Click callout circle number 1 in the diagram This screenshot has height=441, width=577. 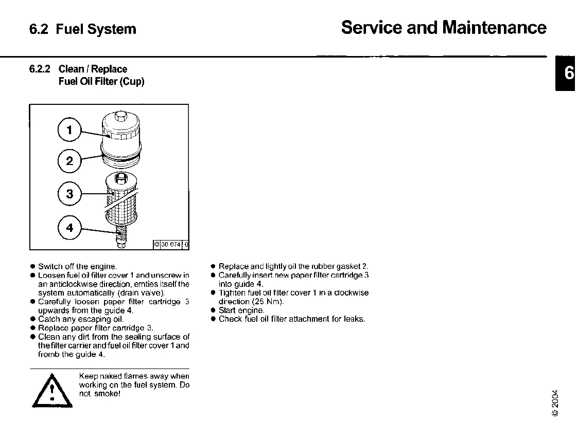point(70,130)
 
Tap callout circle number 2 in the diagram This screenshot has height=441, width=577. point(70,161)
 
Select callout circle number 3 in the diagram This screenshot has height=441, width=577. point(70,194)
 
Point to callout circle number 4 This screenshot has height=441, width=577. point(70,227)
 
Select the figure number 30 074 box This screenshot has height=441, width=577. point(171,245)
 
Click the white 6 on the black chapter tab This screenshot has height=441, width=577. point(568,73)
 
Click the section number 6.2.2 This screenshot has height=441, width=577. point(40,69)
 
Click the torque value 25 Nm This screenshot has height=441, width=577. point(268,302)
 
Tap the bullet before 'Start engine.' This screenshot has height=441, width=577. point(213,310)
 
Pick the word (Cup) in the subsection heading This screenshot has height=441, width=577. point(132,81)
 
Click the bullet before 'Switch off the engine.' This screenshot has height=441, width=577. point(32,266)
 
